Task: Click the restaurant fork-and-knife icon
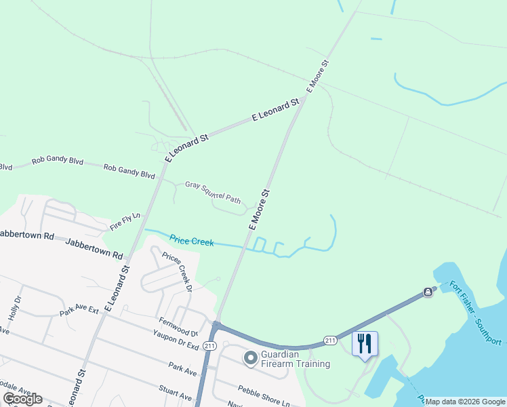[365, 344]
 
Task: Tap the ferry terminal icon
[428, 292]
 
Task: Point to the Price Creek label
[191, 240]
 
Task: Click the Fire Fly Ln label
[125, 222]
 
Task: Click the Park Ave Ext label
[79, 312]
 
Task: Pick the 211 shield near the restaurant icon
[330, 340]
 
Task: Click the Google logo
[22, 399]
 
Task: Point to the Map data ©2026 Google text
[465, 402]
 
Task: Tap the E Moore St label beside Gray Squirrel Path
[259, 210]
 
